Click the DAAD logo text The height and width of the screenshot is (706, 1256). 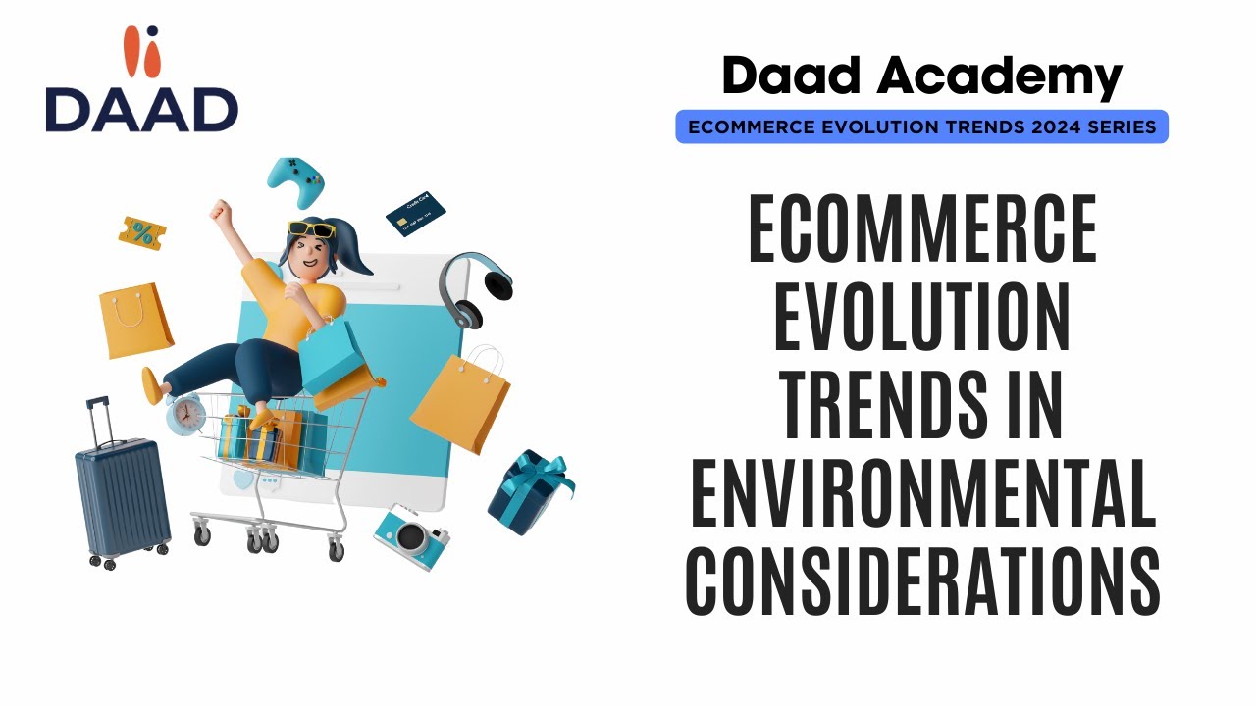(141, 109)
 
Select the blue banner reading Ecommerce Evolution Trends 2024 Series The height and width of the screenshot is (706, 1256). (921, 126)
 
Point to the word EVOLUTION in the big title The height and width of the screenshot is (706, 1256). (921, 321)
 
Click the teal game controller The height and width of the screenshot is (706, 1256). (295, 181)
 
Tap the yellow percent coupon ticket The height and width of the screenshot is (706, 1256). (142, 233)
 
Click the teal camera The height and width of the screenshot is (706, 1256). (411, 535)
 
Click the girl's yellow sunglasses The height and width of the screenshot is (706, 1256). (311, 230)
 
